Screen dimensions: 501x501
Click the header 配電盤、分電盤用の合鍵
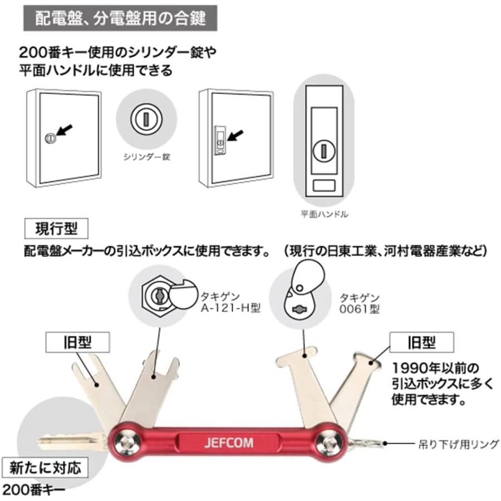point(120,18)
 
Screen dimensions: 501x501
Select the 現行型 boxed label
point(58,228)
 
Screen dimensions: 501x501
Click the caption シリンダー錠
point(146,158)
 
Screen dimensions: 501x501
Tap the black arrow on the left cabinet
point(64,131)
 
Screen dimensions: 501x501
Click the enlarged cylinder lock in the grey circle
point(146,119)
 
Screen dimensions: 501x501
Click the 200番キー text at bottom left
point(35,490)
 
